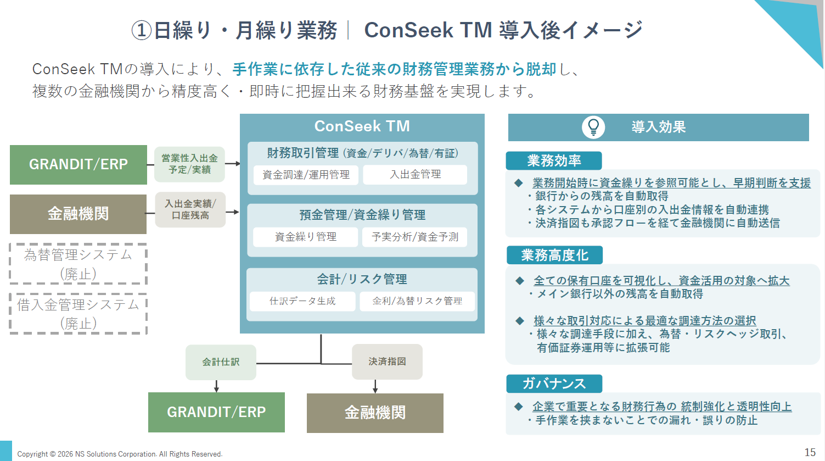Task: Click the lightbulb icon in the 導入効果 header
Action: coord(593,127)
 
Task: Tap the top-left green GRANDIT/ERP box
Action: coord(78,164)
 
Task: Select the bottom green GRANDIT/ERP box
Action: coord(216,412)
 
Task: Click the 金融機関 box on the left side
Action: coord(78,214)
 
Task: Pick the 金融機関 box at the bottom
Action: coord(375,413)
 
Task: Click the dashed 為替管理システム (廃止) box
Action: coord(78,264)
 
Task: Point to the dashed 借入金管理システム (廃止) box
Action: coord(78,314)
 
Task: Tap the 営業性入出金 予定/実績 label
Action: coord(190,164)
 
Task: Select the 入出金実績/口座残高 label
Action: coord(190,209)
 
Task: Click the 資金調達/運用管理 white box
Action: coord(306,175)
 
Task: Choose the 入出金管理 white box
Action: coord(415,174)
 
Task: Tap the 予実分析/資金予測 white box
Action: coord(414,237)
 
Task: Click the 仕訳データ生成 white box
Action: coord(302,301)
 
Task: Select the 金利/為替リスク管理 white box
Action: coord(417,301)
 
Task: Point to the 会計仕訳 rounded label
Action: coord(221,362)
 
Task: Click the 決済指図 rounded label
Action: coord(387,362)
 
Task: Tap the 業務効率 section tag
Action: coord(554,160)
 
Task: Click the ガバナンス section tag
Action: coord(554,383)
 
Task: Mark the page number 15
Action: coord(810,452)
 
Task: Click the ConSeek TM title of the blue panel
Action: coord(362,126)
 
